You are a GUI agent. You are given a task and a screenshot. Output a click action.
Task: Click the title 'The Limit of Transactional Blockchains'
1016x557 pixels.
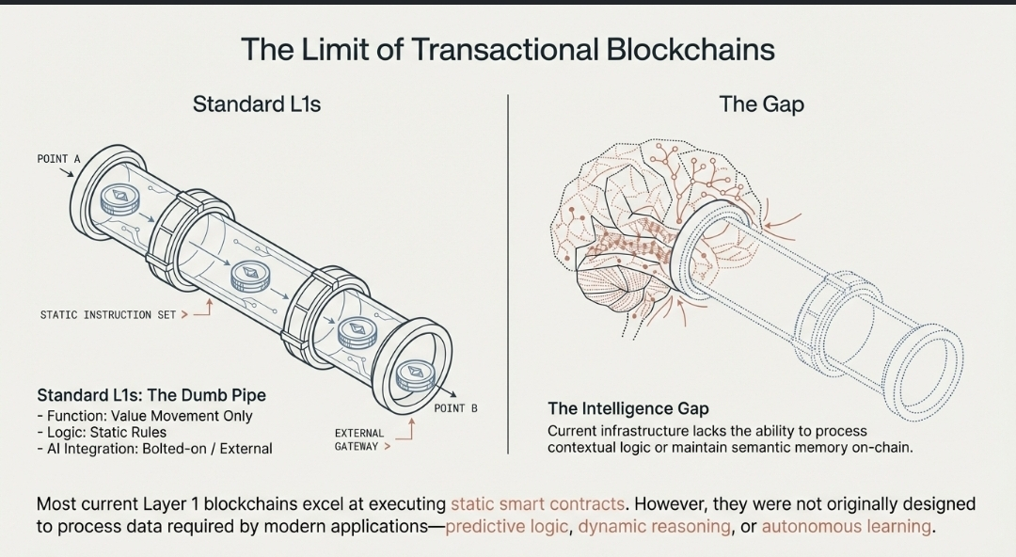click(x=507, y=49)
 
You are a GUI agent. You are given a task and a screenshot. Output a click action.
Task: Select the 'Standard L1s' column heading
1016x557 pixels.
click(x=256, y=103)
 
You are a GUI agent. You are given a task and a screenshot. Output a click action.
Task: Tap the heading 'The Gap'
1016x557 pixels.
click(x=761, y=103)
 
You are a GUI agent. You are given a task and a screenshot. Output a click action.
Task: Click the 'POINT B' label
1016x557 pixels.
click(x=455, y=408)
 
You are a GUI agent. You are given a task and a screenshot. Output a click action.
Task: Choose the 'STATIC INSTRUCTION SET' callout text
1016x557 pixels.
click(x=107, y=314)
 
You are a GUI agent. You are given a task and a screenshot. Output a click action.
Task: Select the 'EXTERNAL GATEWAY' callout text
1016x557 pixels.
click(x=359, y=439)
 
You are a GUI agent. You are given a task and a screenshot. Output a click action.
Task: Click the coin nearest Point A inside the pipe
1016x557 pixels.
click(x=119, y=199)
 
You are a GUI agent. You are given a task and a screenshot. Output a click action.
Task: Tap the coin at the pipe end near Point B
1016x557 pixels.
click(x=411, y=374)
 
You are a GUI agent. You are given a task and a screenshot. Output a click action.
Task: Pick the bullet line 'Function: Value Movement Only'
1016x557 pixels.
click(x=145, y=415)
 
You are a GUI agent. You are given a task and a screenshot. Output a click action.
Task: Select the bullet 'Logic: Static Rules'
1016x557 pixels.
click(x=102, y=432)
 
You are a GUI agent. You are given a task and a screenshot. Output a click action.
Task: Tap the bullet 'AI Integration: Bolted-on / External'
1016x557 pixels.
click(x=154, y=449)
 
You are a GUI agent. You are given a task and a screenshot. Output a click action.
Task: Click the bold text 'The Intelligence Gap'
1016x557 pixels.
click(x=628, y=409)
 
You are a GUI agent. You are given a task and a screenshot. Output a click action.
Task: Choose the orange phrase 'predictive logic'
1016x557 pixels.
click(x=507, y=526)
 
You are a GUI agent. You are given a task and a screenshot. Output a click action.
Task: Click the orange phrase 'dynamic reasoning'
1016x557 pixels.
click(x=654, y=526)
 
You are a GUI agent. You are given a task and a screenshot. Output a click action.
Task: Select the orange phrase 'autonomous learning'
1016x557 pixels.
click(x=846, y=526)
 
